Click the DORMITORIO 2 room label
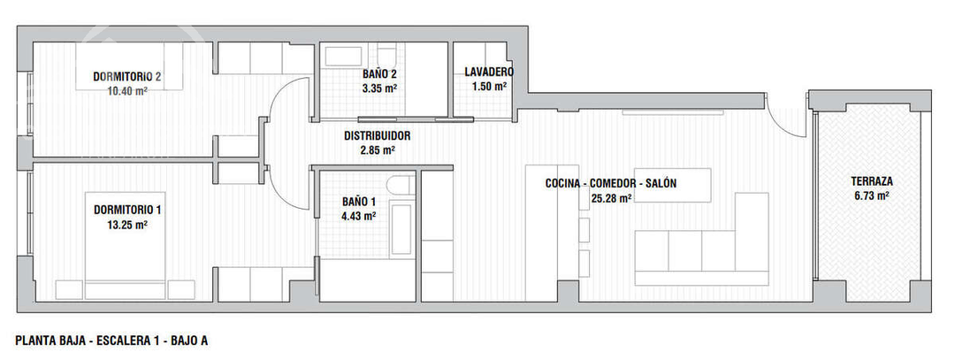(127, 76)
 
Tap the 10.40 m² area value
(126, 90)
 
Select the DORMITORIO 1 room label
(127, 211)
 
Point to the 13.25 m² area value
(127, 225)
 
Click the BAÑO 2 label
(379, 74)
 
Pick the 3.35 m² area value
(379, 88)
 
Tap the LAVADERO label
(489, 73)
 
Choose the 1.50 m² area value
(489, 87)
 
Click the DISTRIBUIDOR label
(377, 137)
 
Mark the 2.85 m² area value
(377, 151)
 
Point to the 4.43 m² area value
(359, 215)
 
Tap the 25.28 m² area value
(611, 199)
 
